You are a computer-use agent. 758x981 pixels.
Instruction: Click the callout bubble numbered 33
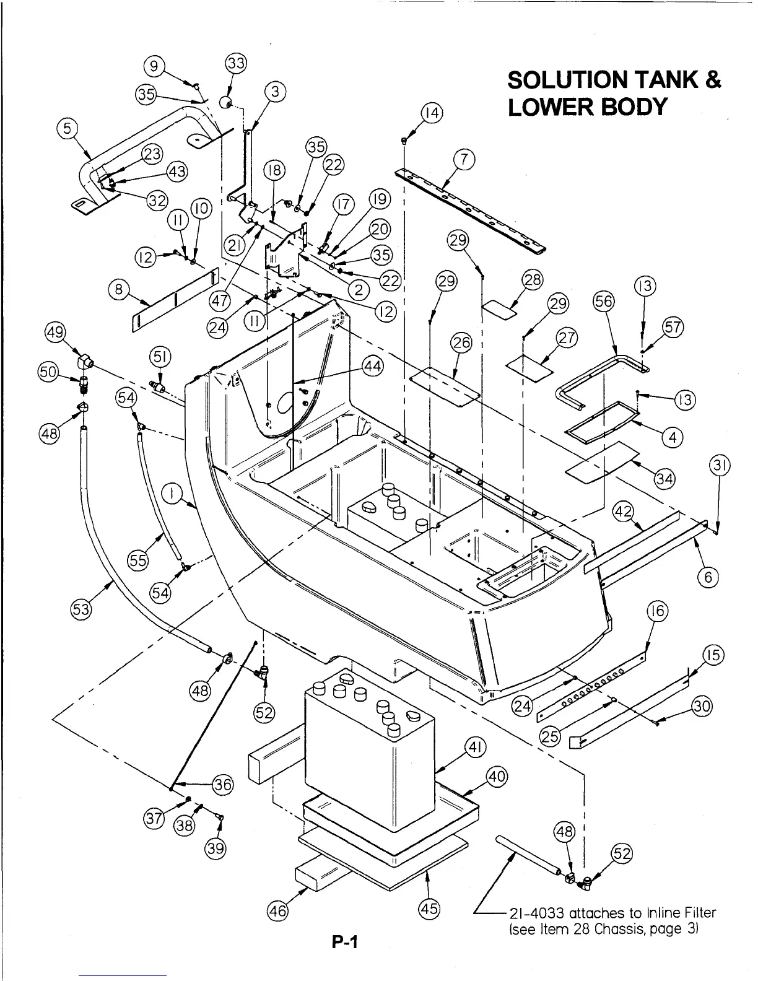[236, 63]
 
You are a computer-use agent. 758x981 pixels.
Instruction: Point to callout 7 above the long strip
[464, 160]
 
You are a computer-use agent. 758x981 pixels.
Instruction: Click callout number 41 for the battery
[476, 749]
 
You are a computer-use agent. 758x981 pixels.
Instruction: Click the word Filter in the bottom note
[699, 913]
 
